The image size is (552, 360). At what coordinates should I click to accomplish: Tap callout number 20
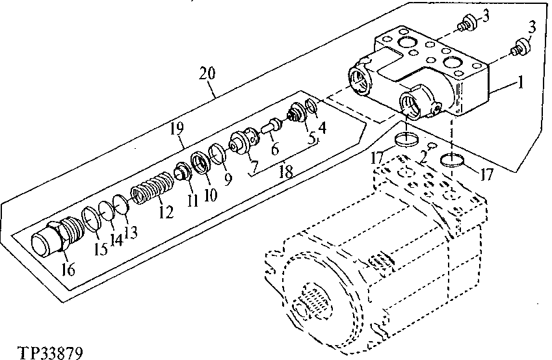(207, 73)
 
